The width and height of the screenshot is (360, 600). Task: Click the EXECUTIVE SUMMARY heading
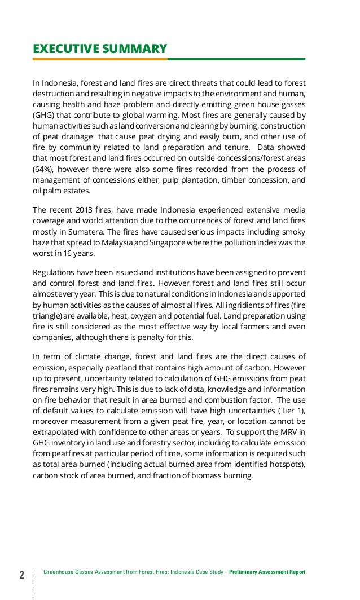pos(100,48)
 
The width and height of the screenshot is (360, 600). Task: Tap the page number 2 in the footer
pos(21,575)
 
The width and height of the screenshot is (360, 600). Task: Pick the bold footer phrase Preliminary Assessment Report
pos(267,573)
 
